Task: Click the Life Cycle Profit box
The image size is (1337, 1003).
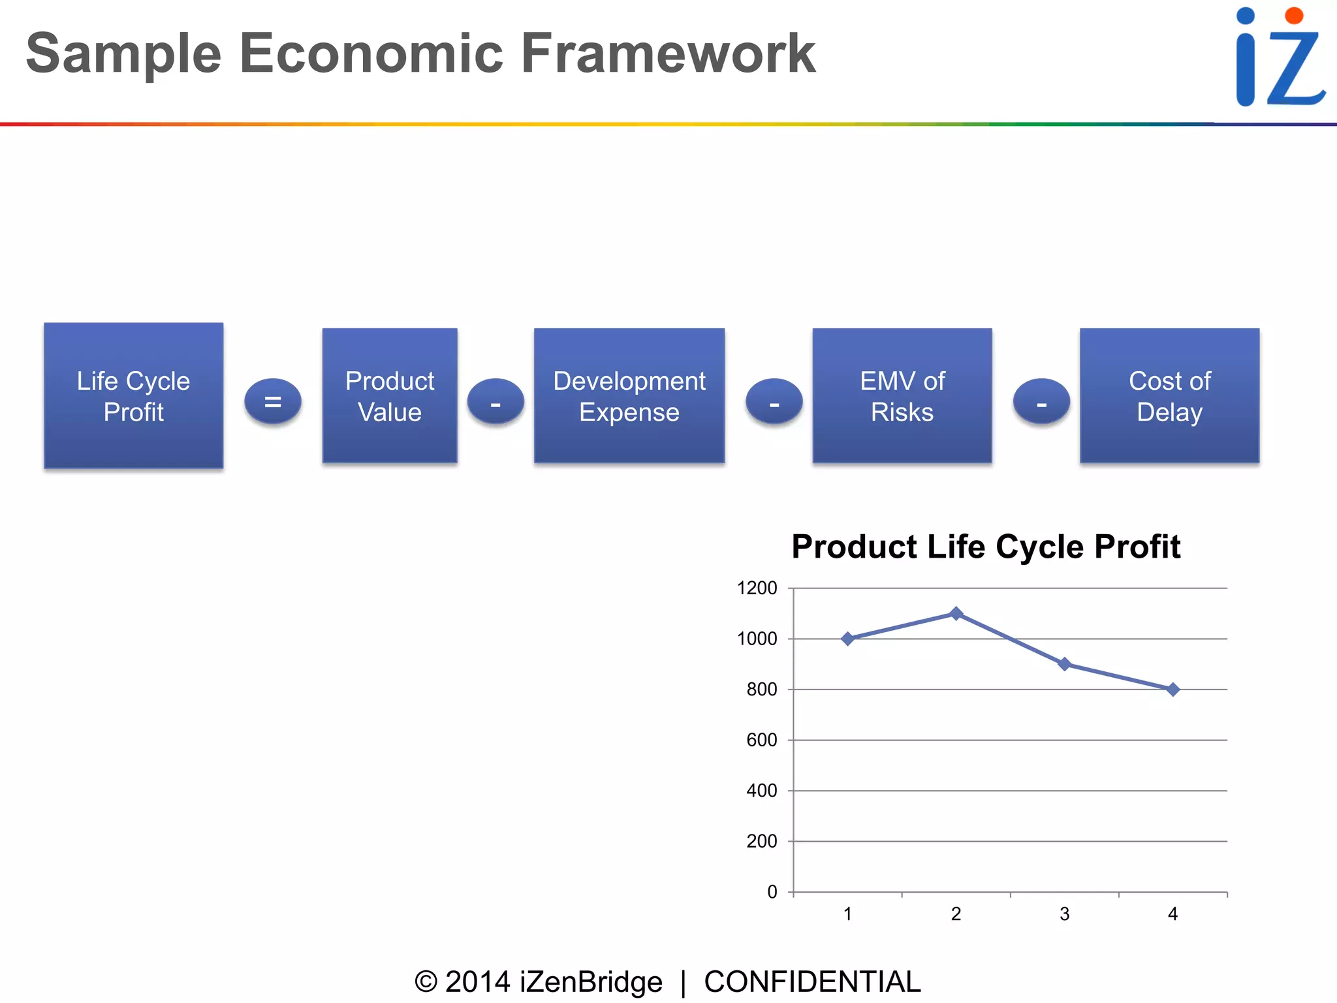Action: point(133,396)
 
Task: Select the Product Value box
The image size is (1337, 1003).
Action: point(390,396)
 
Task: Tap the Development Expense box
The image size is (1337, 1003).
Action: point(629,396)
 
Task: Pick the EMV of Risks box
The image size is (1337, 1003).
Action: point(902,396)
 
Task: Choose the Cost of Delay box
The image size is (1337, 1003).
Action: point(1169,396)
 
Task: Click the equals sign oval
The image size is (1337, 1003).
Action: point(273,402)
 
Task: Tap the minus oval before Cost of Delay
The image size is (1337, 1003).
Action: point(1041,402)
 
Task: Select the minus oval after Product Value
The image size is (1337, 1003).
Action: point(495,402)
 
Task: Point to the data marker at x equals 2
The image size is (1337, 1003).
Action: point(956,613)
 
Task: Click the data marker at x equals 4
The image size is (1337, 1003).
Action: point(1172,690)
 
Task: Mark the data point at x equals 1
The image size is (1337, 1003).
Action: point(847,639)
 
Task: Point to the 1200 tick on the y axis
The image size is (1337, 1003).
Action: point(757,588)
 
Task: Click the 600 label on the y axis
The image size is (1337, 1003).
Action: point(761,740)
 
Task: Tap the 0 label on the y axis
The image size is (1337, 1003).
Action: point(772,892)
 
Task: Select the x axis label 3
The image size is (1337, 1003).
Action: point(1064,914)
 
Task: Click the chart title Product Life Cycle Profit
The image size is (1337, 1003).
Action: point(986,547)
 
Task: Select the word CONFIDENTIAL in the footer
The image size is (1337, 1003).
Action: point(812,982)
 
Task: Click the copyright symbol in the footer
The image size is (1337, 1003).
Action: point(426,982)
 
